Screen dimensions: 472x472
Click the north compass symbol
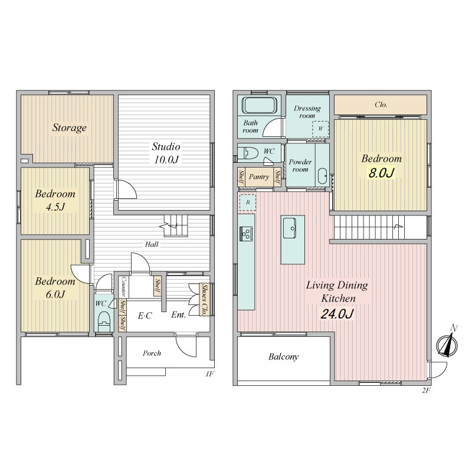(447, 343)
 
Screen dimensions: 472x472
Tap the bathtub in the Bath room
(260, 105)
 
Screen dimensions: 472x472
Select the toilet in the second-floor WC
(248, 153)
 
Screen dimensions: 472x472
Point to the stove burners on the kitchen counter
(246, 234)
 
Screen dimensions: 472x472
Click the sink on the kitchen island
(290, 228)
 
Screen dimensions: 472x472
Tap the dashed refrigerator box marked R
(247, 202)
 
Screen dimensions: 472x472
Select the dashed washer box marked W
(320, 129)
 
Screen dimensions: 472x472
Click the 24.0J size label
(336, 314)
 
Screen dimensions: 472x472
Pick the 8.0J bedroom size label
(381, 173)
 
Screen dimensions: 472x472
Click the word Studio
(166, 146)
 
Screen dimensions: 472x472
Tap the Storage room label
(69, 127)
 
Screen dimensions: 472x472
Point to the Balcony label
(283, 357)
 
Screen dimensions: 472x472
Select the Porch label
(152, 353)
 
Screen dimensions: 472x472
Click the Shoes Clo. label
(204, 300)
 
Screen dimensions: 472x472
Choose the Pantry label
(259, 176)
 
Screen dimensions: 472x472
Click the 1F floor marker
(210, 374)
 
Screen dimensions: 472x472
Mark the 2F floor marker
(426, 391)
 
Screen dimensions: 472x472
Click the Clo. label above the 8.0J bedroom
(381, 104)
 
